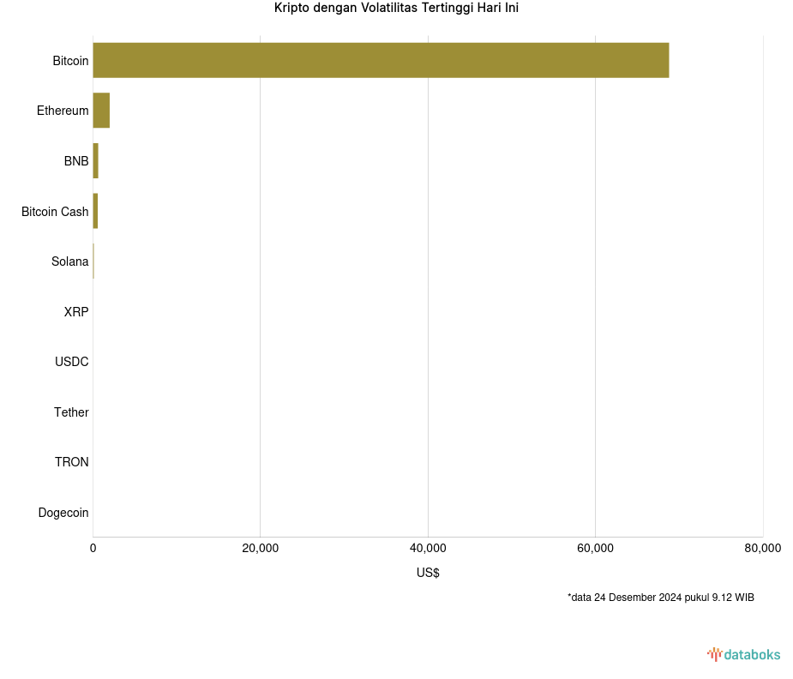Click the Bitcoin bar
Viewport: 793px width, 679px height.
tap(381, 60)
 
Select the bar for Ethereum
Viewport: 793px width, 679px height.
tap(101, 111)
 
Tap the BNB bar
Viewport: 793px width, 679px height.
tap(96, 161)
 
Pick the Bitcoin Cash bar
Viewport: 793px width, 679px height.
tap(95, 211)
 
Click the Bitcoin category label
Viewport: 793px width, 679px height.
tap(70, 61)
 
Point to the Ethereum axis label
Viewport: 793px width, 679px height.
tap(63, 111)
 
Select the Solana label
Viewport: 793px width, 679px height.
tap(69, 261)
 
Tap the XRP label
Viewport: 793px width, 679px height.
tap(76, 312)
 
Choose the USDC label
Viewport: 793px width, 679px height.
tap(72, 362)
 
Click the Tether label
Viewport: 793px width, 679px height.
tap(71, 412)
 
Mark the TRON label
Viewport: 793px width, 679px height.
tap(72, 462)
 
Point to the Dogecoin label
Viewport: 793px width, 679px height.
tap(63, 513)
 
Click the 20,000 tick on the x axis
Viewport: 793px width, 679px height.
tap(261, 549)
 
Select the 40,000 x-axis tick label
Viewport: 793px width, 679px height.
tap(428, 549)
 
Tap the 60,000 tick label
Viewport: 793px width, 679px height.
tap(595, 549)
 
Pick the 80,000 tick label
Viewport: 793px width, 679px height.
tap(762, 549)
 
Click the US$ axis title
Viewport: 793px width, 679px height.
tap(428, 573)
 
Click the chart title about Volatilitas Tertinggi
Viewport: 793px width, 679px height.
tap(396, 9)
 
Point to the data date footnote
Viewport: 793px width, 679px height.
tap(660, 598)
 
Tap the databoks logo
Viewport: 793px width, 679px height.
tap(744, 655)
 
